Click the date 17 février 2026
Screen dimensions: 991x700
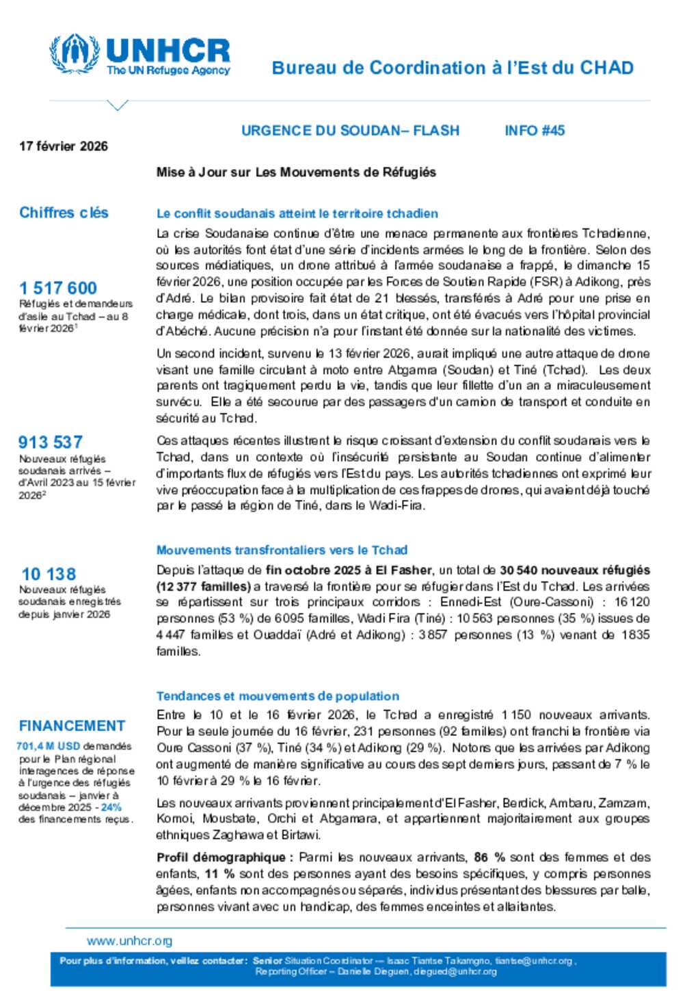coord(64,146)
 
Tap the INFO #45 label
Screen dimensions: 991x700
coord(535,131)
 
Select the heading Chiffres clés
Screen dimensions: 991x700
coord(64,213)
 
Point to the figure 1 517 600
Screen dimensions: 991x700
coord(58,288)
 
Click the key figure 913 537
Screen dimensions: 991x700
coord(51,442)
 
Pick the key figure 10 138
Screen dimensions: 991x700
coord(49,574)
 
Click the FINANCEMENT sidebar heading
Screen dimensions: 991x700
coord(72,726)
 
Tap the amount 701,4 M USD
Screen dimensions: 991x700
coord(48,746)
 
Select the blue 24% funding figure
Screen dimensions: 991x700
coord(111,807)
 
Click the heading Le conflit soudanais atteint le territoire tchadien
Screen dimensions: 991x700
coord(297,213)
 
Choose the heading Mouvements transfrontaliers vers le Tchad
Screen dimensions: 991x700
coord(282,550)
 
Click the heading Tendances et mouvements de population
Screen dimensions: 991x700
coord(278,696)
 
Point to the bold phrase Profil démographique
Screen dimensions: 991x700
coord(221,858)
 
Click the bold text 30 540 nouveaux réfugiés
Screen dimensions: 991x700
coord(574,570)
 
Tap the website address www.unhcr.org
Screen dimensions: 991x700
coord(129,941)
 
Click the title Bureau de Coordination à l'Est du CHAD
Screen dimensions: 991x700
coord(453,68)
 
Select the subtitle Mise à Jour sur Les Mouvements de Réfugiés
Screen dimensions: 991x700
coord(296,172)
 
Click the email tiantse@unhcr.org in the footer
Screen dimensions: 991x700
coord(534,961)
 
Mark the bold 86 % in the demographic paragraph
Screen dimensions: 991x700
coord(489,858)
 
